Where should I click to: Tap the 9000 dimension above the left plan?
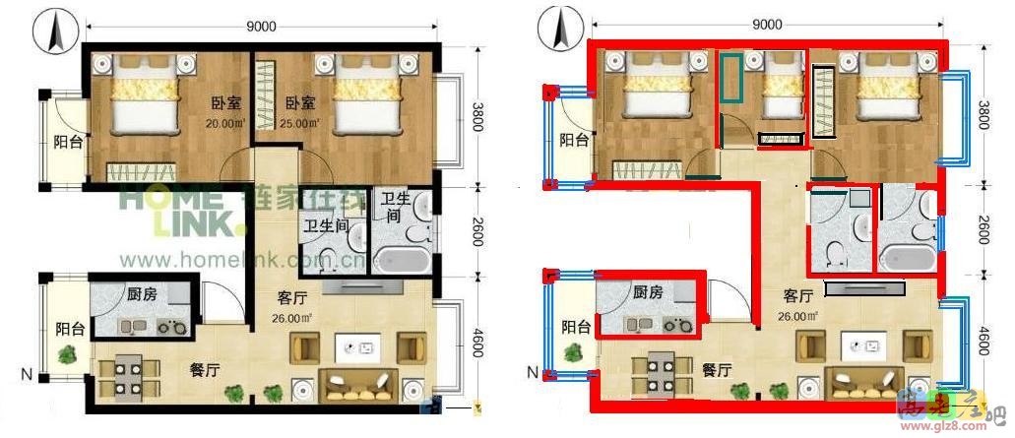pos(261,27)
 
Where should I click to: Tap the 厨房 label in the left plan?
pos(144,292)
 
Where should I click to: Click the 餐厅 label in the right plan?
pos(716,370)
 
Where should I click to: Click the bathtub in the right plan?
pos(907,258)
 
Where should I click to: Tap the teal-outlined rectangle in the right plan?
pos(730,78)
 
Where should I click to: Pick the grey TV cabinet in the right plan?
pos(865,288)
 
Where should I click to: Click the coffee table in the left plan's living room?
pos(356,346)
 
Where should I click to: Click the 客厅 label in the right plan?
pos(797,295)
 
